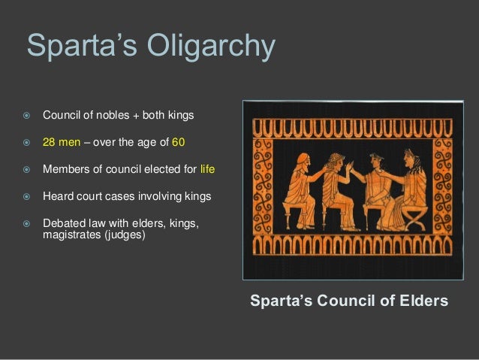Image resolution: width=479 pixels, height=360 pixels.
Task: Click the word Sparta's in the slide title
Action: click(75, 45)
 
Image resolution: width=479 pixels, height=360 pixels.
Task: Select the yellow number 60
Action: click(178, 143)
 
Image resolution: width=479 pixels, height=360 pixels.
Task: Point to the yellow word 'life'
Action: click(207, 170)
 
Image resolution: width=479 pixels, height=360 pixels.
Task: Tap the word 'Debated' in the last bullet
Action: click(62, 224)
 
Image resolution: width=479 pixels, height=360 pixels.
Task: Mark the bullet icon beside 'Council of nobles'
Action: click(26, 116)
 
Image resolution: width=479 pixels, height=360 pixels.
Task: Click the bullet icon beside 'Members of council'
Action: click(26, 170)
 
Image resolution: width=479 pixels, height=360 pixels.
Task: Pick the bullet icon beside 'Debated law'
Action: click(26, 224)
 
